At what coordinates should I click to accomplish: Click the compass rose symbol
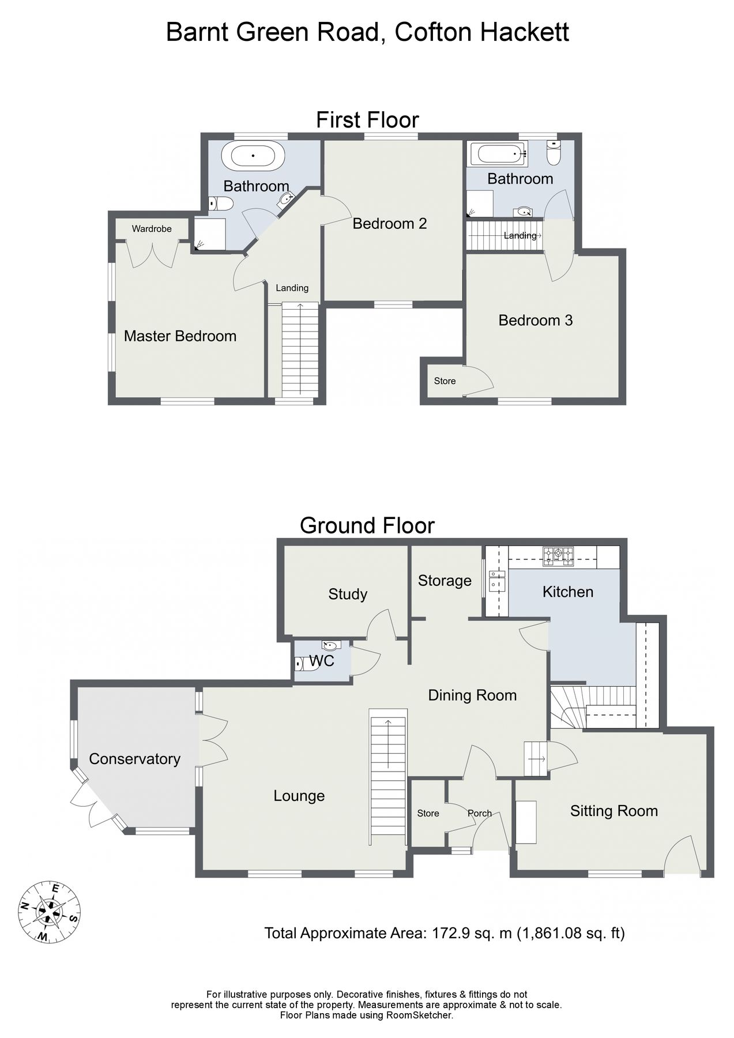(x=50, y=912)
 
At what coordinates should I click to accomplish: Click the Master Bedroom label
(x=180, y=336)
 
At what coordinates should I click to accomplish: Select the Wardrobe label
(x=152, y=229)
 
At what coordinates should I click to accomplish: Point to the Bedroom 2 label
(x=390, y=224)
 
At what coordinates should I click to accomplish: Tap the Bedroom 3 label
(x=535, y=321)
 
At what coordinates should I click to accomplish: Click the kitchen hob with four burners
(x=558, y=555)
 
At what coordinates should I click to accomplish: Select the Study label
(x=348, y=594)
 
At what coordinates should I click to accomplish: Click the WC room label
(x=322, y=661)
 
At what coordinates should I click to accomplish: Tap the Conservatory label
(x=134, y=759)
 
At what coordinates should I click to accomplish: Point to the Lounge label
(x=299, y=796)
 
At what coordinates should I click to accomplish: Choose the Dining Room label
(x=472, y=695)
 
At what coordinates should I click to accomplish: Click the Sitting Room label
(x=613, y=811)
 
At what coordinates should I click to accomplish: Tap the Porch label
(x=479, y=813)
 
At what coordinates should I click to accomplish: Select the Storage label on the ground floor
(x=445, y=581)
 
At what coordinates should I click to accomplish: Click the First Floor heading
(x=367, y=120)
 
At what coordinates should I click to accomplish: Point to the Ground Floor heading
(x=367, y=525)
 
